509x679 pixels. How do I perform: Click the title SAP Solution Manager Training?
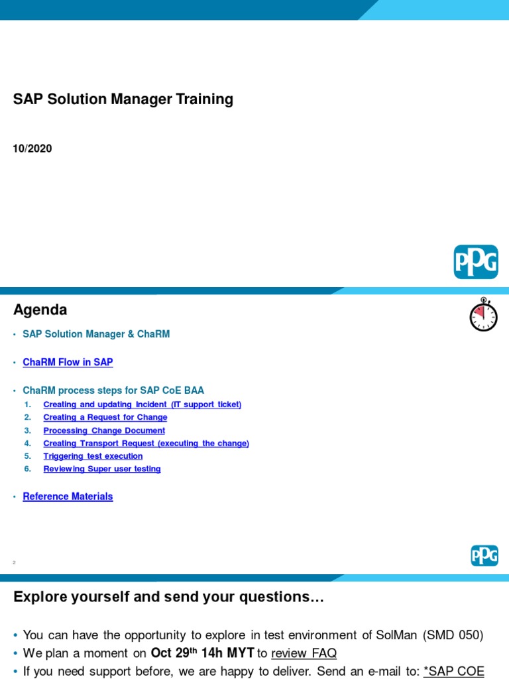[123, 99]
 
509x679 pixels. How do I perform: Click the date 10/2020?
[32, 149]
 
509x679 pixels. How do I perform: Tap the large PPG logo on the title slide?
[475, 262]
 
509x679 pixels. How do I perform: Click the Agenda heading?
[40, 310]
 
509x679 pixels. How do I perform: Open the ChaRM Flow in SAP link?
[68, 362]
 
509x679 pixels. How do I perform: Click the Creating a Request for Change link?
[105, 417]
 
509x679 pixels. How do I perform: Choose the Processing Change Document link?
[104, 430]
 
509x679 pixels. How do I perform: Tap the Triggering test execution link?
[93, 456]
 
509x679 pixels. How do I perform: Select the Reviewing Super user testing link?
[102, 469]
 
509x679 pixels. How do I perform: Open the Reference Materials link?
[68, 496]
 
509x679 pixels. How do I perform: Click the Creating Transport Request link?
[146, 443]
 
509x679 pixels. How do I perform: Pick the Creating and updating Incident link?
[142, 404]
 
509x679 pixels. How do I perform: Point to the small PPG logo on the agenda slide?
[484, 555]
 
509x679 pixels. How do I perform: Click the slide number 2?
[14, 562]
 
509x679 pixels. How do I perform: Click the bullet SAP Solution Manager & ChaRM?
[96, 334]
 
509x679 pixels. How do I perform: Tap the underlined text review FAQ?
[304, 654]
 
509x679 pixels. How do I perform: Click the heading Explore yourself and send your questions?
[169, 597]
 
